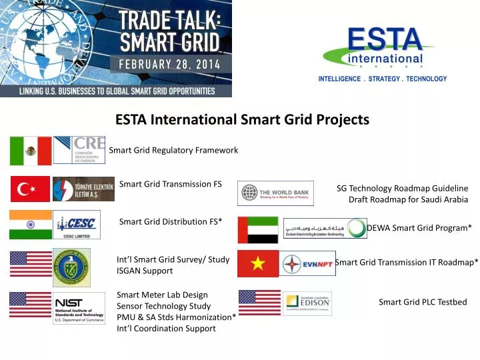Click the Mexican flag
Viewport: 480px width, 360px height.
31,151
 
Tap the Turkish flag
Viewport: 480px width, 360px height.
30,189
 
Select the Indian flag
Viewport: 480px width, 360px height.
31,225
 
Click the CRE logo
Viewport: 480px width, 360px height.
79,150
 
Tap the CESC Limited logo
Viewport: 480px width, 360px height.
77,225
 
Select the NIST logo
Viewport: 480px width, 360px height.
79,308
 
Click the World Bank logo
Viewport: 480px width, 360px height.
275,193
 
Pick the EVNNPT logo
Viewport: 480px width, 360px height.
308,264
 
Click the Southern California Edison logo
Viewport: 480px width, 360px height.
307,303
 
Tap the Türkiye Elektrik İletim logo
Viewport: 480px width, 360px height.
83,189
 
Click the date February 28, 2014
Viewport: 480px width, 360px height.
171,65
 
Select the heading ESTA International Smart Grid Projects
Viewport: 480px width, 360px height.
242,120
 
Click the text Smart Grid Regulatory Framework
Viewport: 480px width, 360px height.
173,150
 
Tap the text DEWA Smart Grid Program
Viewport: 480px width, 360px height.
419,228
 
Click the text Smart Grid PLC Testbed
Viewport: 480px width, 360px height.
423,302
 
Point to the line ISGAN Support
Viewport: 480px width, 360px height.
145,271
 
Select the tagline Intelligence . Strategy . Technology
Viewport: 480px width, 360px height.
383,79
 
